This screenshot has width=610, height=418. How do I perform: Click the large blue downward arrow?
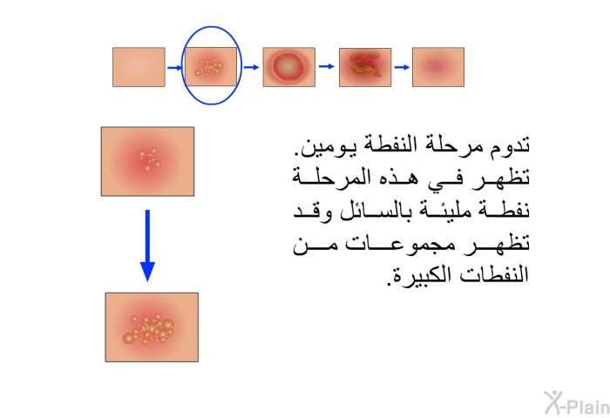pyautogui.click(x=147, y=246)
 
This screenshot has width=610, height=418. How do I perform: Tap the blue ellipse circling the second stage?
pyautogui.click(x=182, y=66)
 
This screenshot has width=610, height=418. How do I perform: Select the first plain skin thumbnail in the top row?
pyautogui.click(x=139, y=67)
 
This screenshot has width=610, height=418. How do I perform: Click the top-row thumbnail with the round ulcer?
pyautogui.click(x=289, y=67)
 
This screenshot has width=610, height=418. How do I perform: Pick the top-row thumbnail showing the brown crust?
pyautogui.click(x=365, y=67)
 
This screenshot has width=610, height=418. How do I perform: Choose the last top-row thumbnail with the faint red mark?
pyautogui.click(x=438, y=67)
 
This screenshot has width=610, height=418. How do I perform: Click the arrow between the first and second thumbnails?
pyautogui.click(x=174, y=68)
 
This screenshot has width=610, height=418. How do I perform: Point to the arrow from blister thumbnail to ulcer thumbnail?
pyautogui.click(x=251, y=67)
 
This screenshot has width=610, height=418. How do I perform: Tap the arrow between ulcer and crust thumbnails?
pyautogui.click(x=327, y=66)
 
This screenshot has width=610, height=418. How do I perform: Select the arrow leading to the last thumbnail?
pyautogui.click(x=402, y=67)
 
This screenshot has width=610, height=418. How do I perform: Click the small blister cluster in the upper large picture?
pyautogui.click(x=150, y=158)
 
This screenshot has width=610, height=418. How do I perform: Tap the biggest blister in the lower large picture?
pyautogui.click(x=128, y=338)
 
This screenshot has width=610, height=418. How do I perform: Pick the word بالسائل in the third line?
pyautogui.click(x=375, y=211)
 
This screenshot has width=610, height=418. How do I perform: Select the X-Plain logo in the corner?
pyautogui.click(x=577, y=403)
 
